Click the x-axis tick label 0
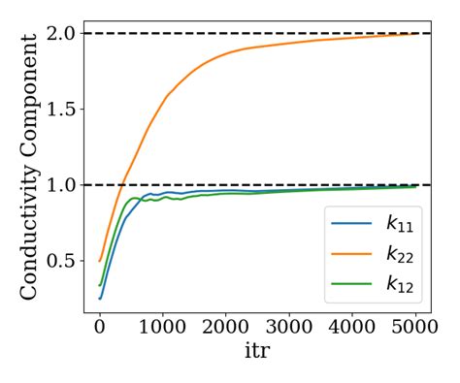click(99, 329)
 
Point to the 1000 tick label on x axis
click(162, 329)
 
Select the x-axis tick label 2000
click(226, 329)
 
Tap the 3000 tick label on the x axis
click(289, 329)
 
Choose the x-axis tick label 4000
click(352, 329)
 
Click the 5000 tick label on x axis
click(415, 329)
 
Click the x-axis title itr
click(257, 352)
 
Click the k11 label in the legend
click(398, 224)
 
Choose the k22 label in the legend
click(398, 255)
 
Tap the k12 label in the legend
click(398, 286)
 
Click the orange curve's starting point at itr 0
click(99, 261)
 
